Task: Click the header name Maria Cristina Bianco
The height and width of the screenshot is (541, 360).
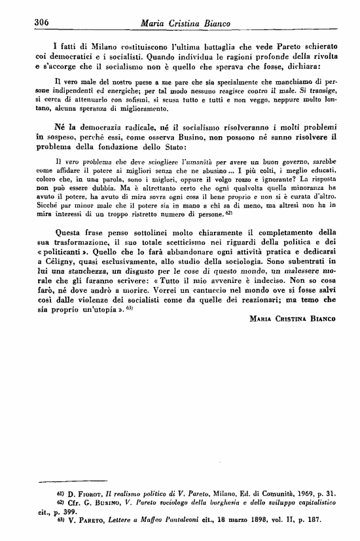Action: (186, 24)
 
